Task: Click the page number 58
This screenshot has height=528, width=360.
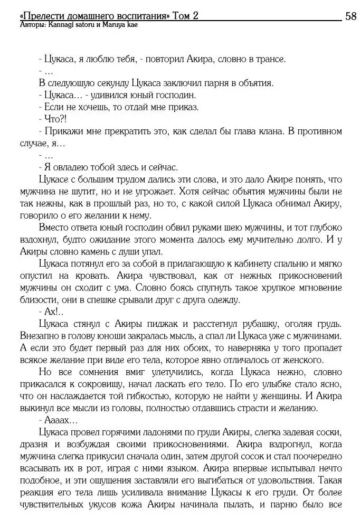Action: (x=350, y=15)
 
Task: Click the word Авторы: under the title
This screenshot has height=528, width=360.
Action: (x=31, y=25)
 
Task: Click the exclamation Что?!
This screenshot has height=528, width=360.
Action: (x=52, y=119)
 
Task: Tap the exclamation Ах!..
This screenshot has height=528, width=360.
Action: (x=51, y=312)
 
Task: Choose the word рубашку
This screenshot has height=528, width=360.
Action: (x=276, y=323)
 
